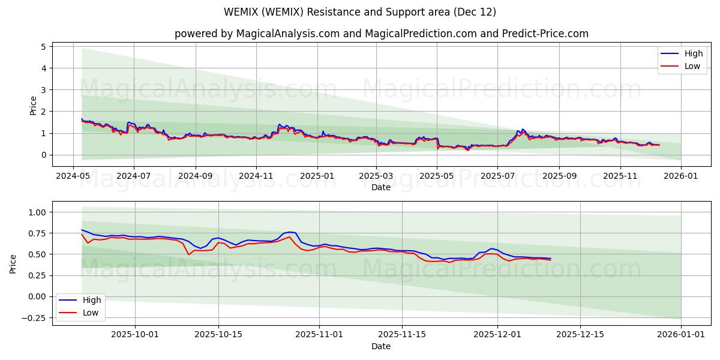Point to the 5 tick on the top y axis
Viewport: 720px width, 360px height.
point(43,47)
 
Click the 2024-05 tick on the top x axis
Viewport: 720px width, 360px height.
point(73,176)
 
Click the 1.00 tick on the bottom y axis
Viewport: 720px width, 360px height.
point(36,212)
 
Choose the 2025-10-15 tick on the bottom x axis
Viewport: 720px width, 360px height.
point(218,335)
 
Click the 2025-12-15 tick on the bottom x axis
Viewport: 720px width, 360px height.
point(580,335)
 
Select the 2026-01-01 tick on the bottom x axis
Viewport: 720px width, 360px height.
point(681,335)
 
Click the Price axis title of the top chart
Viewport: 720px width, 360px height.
point(34,106)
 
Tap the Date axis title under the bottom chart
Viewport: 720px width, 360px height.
point(380,346)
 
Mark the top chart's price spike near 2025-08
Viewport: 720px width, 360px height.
point(523,129)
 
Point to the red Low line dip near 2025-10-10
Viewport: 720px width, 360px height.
point(189,254)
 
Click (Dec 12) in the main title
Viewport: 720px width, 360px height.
point(475,12)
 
